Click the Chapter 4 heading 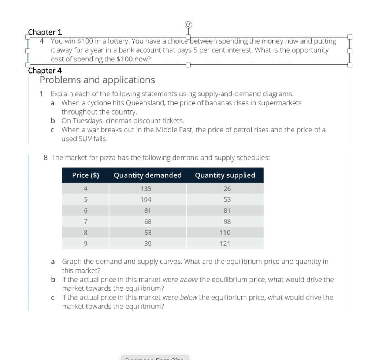point(45,70)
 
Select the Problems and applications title point(97,80)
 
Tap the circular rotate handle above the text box point(188,25)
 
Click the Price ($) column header point(85,175)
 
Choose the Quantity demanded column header point(148,175)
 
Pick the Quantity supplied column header point(225,175)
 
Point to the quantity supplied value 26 point(225,189)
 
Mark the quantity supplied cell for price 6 point(225,211)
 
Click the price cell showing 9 point(85,244)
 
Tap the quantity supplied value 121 point(225,244)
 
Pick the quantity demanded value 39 point(147,244)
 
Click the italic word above point(189,280)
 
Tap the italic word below point(189,297)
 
